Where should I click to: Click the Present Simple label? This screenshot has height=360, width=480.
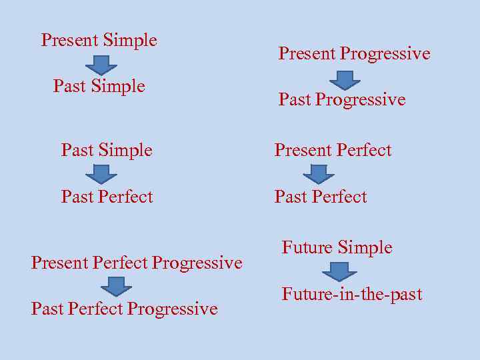[x=99, y=40]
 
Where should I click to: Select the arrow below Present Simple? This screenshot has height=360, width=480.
[x=101, y=65]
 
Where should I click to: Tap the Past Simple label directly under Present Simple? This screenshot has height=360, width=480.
[x=99, y=86]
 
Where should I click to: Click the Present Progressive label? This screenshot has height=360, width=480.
[x=354, y=54]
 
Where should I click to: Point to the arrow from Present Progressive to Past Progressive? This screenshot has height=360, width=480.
[x=345, y=80]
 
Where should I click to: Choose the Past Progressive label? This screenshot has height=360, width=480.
[x=342, y=100]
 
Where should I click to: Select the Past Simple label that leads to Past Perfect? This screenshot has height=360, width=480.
[x=107, y=151]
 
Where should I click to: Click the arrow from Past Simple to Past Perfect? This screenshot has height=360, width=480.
[x=101, y=174]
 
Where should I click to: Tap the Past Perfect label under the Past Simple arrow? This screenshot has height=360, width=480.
[x=107, y=197]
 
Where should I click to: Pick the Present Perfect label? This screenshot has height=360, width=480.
[x=333, y=151]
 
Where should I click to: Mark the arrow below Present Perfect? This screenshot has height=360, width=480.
[x=319, y=174]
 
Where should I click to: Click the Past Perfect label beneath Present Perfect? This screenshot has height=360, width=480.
[x=321, y=197]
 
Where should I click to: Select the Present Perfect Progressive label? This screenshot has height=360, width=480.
[x=137, y=263]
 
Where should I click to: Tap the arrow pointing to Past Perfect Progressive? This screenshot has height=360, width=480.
[x=116, y=287]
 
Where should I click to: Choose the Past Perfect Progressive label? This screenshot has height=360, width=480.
[x=125, y=309]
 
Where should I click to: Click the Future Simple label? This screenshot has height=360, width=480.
[x=337, y=248]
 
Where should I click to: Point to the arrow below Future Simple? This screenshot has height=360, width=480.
[x=339, y=271]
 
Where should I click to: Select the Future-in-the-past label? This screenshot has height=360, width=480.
[x=352, y=294]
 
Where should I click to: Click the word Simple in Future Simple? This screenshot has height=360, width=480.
[x=365, y=248]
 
